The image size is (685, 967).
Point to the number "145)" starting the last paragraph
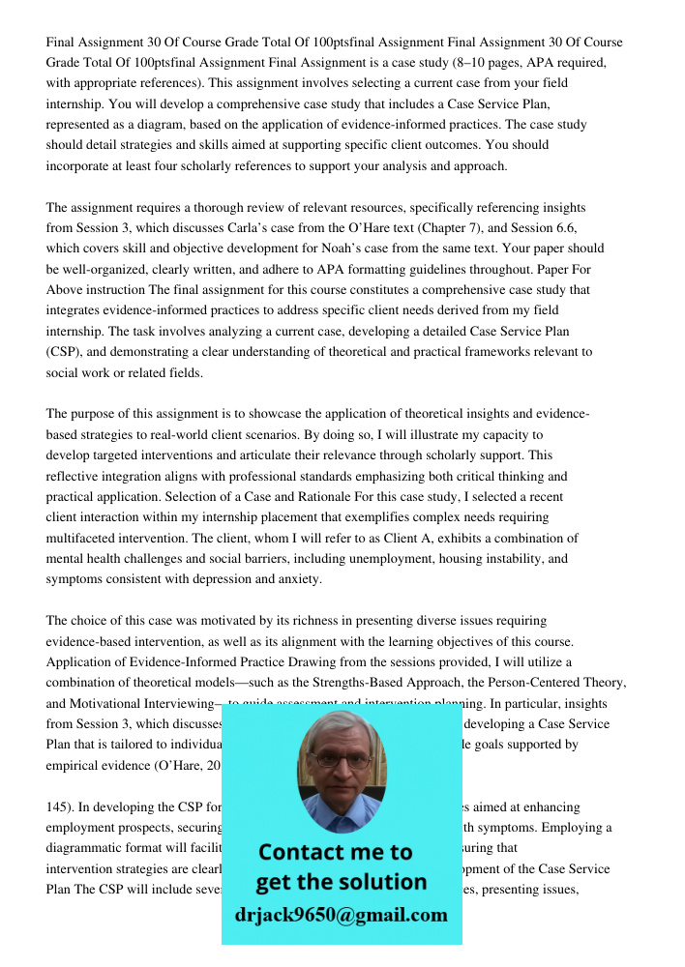(x=59, y=806)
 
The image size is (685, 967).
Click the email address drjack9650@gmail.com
(x=341, y=915)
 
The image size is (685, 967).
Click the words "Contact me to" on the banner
(x=335, y=853)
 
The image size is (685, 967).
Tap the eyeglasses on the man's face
(x=342, y=761)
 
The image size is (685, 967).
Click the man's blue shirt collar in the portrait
(x=341, y=820)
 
